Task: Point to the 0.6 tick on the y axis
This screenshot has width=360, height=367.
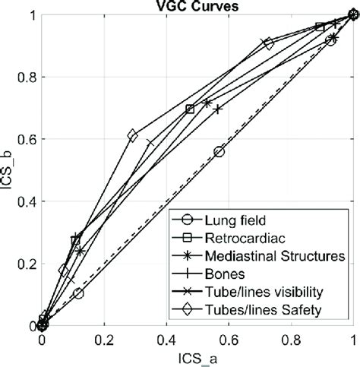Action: click(27, 139)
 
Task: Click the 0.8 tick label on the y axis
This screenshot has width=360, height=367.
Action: click(27, 77)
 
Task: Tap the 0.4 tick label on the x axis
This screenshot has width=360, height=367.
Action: click(167, 340)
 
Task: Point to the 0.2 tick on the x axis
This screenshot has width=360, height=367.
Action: click(105, 340)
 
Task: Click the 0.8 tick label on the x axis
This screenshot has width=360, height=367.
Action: click(292, 340)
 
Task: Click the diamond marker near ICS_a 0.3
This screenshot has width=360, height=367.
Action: click(133, 135)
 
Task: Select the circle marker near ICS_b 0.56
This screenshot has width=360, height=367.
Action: click(219, 152)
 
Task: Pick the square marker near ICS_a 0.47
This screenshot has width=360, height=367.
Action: click(190, 109)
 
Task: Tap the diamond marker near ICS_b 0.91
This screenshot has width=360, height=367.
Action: click(267, 43)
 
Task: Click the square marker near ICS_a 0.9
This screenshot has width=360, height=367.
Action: click(320, 27)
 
